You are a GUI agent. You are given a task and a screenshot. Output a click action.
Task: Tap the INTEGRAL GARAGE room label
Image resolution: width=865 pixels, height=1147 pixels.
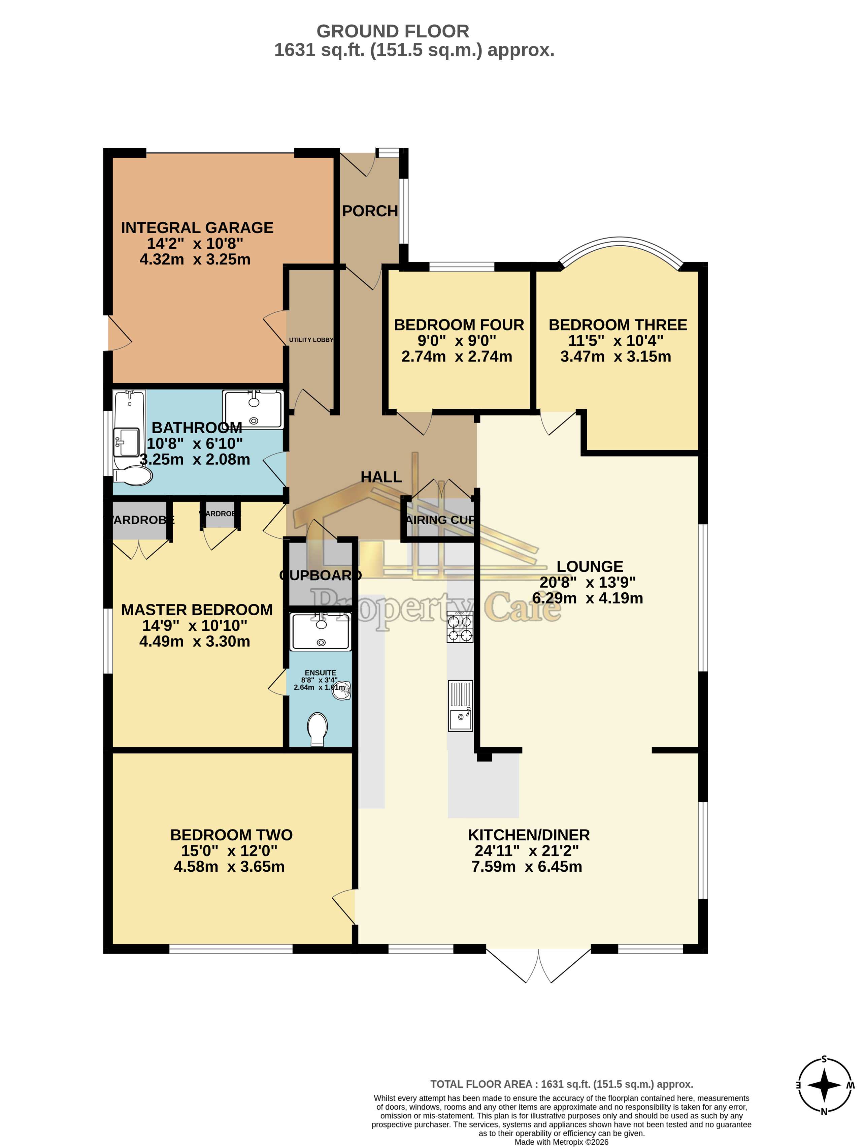tap(197, 228)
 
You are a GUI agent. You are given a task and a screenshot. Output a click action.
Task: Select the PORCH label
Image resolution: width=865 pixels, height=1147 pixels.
tap(369, 211)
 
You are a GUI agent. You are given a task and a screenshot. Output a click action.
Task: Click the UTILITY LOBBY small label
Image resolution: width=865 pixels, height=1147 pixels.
tap(311, 340)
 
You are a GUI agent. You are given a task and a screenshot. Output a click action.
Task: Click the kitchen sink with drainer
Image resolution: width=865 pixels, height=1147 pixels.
tap(460, 706)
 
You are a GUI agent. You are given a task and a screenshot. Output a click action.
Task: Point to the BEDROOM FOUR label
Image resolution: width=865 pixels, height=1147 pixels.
tap(459, 324)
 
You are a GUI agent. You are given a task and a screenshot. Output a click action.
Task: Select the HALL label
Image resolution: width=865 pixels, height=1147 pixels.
tap(381, 477)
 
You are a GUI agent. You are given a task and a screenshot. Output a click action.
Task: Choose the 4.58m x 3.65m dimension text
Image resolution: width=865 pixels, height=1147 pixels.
tap(229, 866)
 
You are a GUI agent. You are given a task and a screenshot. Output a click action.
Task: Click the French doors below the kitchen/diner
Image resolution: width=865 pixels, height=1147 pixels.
tap(538, 965)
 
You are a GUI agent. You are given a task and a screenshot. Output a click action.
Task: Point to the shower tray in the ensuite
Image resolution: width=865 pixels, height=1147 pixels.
tap(320, 631)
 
